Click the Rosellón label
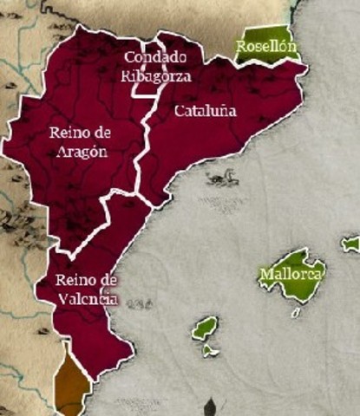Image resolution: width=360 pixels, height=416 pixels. click(x=266, y=46)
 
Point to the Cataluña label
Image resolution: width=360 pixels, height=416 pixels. click(x=205, y=112)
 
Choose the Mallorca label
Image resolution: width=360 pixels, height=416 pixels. click(x=291, y=276)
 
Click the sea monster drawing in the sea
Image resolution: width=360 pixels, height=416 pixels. click(x=221, y=179)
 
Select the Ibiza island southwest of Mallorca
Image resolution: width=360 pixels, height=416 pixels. click(x=205, y=328)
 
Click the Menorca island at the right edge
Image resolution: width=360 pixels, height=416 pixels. click(x=351, y=244)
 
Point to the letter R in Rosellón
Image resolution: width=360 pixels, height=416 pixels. click(x=241, y=46)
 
